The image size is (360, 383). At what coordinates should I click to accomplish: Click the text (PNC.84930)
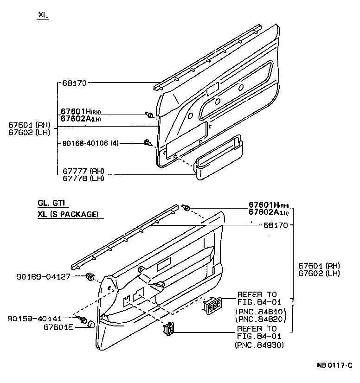pos(260,345)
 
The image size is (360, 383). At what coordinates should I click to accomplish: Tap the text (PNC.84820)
pos(262,319)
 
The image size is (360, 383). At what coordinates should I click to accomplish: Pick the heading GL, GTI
pos(52,203)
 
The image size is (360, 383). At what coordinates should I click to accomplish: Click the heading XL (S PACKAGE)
pos(68,214)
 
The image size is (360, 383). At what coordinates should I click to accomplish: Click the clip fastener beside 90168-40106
pos(148,143)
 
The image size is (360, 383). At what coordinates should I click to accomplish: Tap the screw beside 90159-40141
pos(84,319)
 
